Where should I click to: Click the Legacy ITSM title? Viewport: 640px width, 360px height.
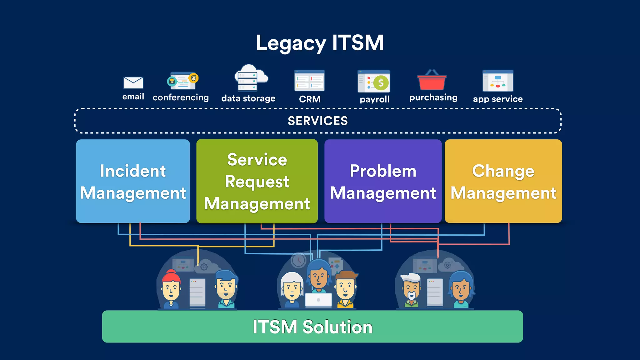[319, 43]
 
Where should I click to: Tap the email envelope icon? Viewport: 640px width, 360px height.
[133, 83]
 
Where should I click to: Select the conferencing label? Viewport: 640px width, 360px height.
[181, 97]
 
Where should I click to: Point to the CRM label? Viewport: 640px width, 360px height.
[309, 99]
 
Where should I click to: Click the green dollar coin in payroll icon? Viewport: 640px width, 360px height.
[381, 83]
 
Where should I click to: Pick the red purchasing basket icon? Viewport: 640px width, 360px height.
[432, 81]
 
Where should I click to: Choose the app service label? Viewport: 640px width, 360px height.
[497, 99]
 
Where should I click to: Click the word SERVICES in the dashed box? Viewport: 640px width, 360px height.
[317, 121]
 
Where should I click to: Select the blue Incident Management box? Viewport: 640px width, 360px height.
[133, 181]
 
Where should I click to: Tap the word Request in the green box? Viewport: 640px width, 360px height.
[257, 182]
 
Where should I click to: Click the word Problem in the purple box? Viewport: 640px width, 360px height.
[383, 171]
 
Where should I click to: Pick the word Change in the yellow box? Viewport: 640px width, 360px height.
[503, 171]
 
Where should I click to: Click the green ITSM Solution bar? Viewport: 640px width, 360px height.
[312, 327]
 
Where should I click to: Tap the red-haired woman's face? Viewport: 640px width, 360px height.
[171, 289]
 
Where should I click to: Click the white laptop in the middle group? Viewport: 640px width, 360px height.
[318, 300]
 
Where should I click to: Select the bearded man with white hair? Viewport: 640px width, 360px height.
[411, 289]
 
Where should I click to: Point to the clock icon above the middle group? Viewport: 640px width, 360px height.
[298, 260]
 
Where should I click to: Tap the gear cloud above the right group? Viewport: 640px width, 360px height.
[448, 266]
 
